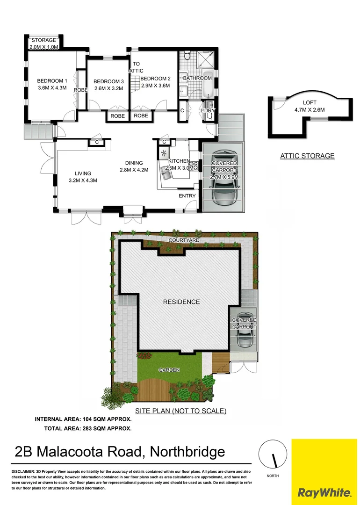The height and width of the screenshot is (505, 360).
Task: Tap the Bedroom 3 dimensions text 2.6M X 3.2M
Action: click(108, 88)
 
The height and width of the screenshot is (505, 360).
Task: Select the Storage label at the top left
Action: click(43, 40)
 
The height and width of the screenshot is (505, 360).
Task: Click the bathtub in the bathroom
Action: click(207, 87)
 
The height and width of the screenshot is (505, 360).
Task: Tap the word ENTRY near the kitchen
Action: click(187, 196)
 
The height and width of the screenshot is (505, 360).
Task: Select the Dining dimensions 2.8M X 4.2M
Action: click(134, 170)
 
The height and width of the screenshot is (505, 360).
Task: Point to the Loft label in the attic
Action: click(309, 102)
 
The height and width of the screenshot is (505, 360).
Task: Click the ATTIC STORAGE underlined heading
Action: click(307, 156)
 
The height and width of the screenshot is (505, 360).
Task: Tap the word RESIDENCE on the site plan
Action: click(181, 302)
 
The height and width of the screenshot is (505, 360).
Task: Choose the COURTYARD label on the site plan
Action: click(183, 240)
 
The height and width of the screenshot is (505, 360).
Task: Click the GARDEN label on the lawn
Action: click(169, 370)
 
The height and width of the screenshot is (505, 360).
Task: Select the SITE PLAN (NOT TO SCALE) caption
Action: click(180, 411)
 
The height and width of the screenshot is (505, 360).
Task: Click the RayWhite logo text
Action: click(324, 492)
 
